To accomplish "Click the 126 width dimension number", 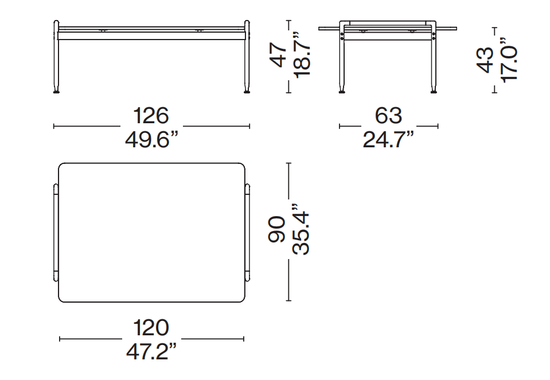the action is (151, 116).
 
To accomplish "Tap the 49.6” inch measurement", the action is (151, 140).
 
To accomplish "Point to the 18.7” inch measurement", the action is (302, 54).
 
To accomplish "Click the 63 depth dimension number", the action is (388, 116).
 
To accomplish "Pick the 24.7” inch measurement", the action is (388, 140).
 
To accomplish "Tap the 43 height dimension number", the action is (485, 60).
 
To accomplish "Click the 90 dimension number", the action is (277, 230).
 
